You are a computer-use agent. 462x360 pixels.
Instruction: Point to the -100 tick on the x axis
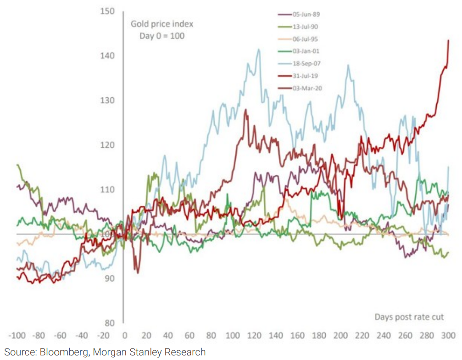(x=19, y=336)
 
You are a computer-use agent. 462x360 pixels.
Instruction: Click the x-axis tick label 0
(x=124, y=336)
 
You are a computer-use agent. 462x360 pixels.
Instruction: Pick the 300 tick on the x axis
(x=449, y=336)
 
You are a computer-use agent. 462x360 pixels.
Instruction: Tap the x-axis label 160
(x=298, y=336)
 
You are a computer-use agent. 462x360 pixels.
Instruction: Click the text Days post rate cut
(x=409, y=317)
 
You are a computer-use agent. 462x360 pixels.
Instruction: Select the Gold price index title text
(x=161, y=24)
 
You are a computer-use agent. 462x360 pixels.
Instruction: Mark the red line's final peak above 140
(x=448, y=40)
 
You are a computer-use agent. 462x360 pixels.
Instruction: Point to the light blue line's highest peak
(x=259, y=49)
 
